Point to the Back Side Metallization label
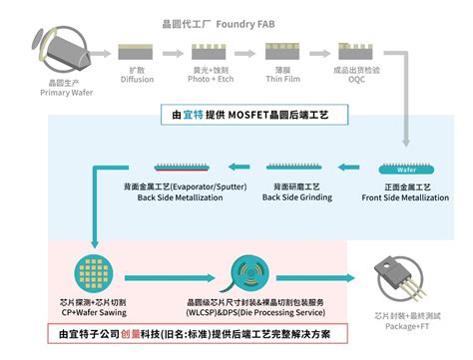tap(186, 196)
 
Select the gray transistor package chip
tap(399, 277)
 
